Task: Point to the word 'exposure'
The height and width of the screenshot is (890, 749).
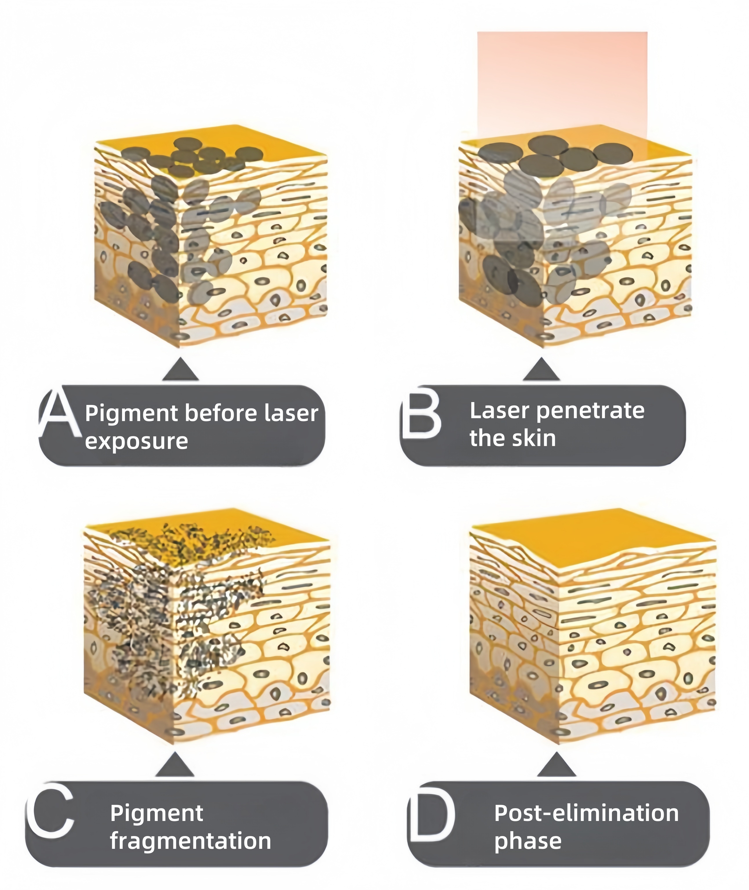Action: [x=136, y=441]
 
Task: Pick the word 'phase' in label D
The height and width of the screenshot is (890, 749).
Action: [x=528, y=841]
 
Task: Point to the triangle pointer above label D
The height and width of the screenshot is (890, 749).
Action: [x=556, y=765]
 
